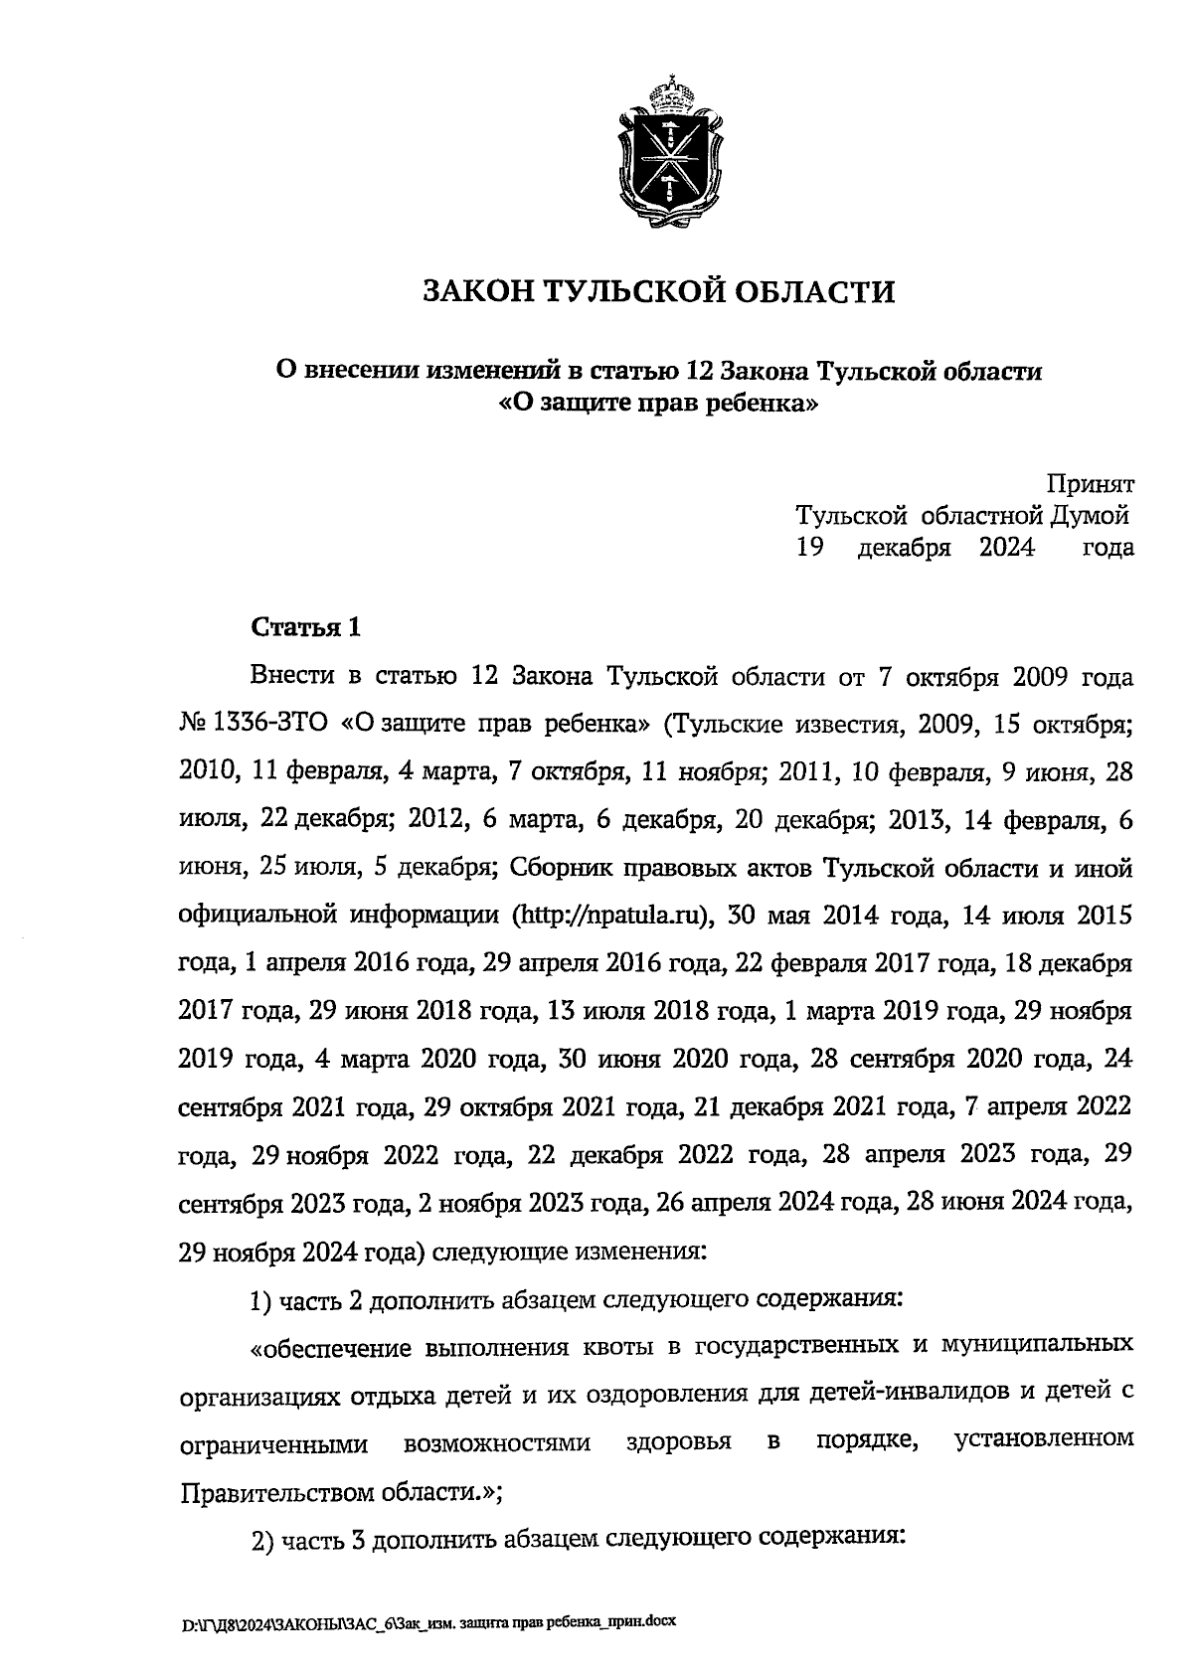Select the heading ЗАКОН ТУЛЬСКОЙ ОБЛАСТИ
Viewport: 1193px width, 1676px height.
658,291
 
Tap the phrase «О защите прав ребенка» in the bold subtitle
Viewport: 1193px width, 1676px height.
658,405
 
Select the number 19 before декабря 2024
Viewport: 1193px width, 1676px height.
808,547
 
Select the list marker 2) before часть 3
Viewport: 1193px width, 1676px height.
261,1541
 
